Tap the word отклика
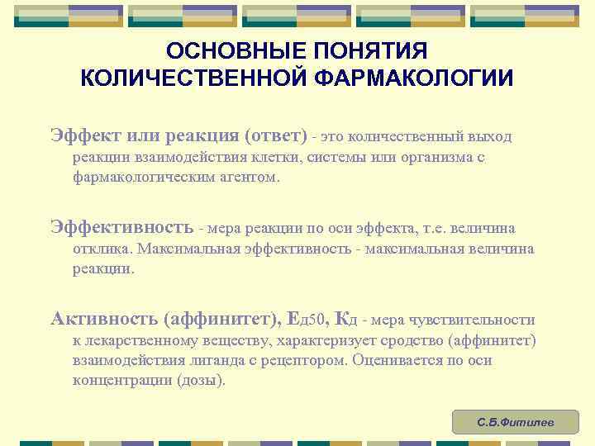[x=102, y=249]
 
